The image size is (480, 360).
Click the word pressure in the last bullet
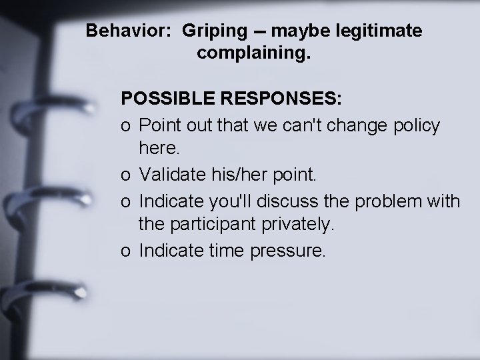[x=292, y=250]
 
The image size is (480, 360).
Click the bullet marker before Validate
[x=126, y=176]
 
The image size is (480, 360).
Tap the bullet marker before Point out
[x=126, y=125]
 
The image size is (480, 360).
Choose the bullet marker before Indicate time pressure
[x=126, y=251]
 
